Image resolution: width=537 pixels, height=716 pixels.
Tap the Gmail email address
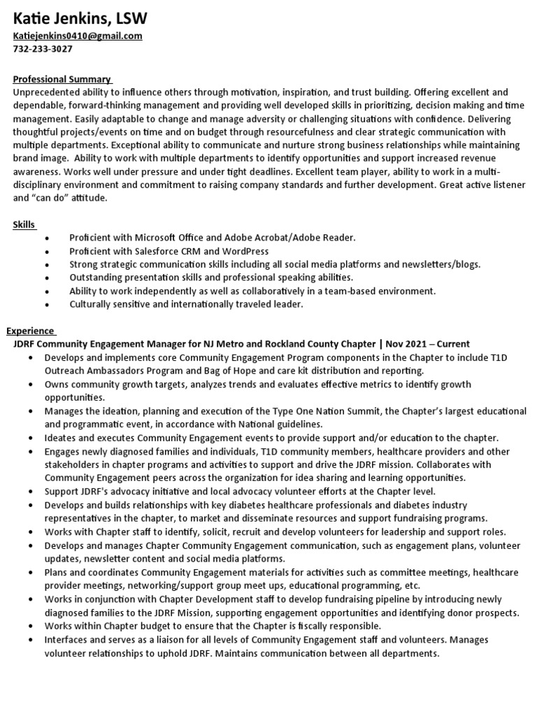pyautogui.click(x=78, y=36)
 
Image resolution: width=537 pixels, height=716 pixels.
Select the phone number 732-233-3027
pyautogui.click(x=43, y=49)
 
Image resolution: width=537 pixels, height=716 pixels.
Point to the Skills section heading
pyautogui.click(x=24, y=224)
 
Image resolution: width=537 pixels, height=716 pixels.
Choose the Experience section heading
pyautogui.click(x=30, y=331)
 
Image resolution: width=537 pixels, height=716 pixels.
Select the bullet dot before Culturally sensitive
pyautogui.click(x=46, y=305)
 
